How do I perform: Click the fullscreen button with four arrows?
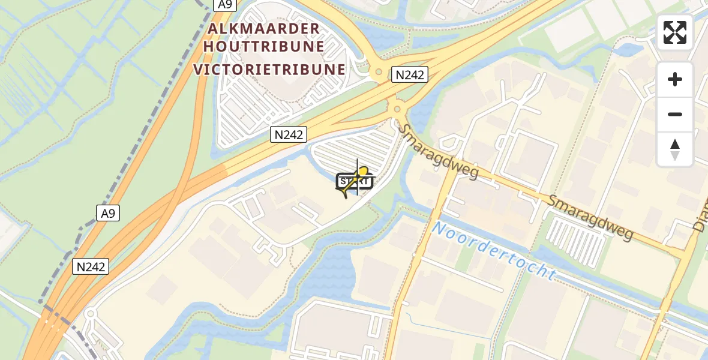point(675,32)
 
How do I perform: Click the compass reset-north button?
point(675,149)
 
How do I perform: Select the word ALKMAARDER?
point(264,29)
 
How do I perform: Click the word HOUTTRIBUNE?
point(265,47)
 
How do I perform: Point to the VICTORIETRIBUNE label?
point(269,69)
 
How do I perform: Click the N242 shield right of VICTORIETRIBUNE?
point(410,74)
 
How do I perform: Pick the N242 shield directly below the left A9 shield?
point(91,266)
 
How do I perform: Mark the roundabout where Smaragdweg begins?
point(397,109)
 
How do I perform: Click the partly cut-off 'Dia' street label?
point(700,217)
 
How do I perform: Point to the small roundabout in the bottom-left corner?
point(90,314)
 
